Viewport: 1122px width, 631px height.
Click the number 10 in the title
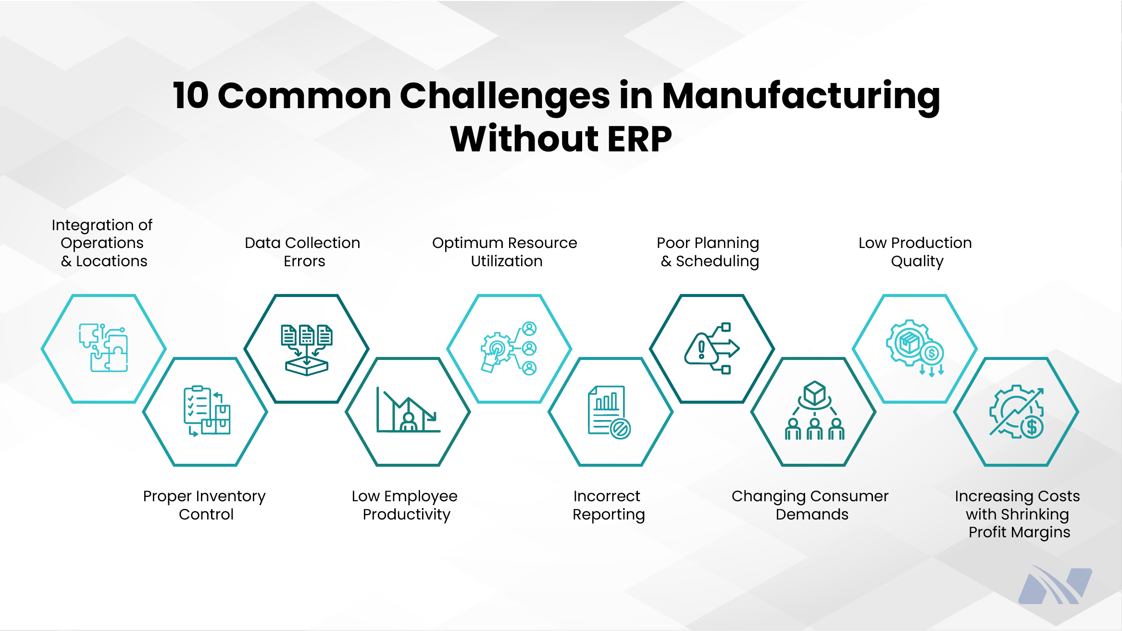[191, 96]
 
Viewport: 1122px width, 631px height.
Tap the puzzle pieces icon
[104, 348]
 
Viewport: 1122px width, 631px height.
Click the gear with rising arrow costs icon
[1016, 411]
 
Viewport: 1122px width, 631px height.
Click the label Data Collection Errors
[302, 252]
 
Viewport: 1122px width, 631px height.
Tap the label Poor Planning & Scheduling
[708, 252]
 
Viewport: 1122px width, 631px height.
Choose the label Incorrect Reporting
[608, 505]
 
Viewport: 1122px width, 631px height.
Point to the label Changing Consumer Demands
[810, 505]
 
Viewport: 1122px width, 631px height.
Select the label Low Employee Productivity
[405, 505]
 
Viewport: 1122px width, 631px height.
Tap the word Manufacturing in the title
[801, 96]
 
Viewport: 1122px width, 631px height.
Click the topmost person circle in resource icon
[529, 329]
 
